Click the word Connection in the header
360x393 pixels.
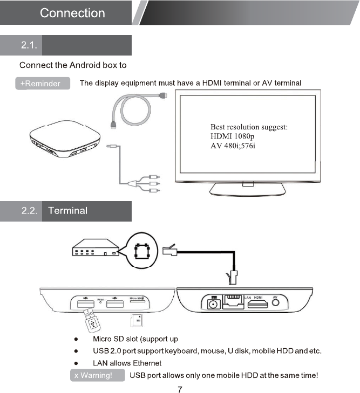(73, 13)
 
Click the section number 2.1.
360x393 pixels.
(29, 45)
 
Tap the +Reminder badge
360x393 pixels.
(41, 84)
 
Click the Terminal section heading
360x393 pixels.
(67, 210)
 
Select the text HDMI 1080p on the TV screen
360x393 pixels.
(232, 137)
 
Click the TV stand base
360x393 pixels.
(247, 189)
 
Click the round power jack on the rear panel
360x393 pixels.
(213, 304)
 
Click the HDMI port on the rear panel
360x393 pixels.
(258, 305)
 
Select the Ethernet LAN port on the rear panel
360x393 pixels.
(233, 303)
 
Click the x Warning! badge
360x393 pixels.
(93, 375)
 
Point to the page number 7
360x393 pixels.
(180, 388)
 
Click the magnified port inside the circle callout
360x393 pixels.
(141, 250)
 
